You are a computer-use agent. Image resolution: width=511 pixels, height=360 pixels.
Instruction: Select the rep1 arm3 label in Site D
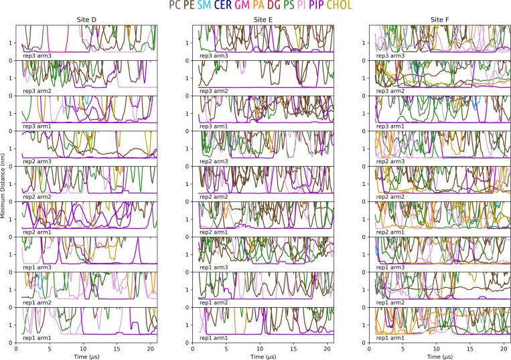point(36,267)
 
